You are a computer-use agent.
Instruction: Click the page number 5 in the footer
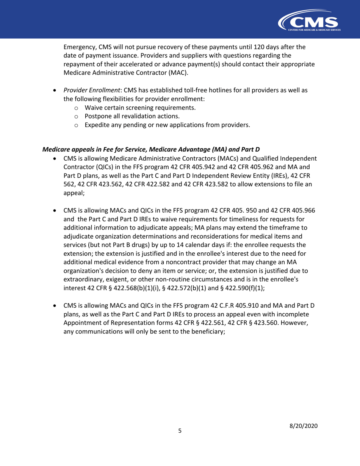tap(180, 430)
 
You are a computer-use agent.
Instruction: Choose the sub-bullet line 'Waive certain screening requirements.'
tap(140, 108)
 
